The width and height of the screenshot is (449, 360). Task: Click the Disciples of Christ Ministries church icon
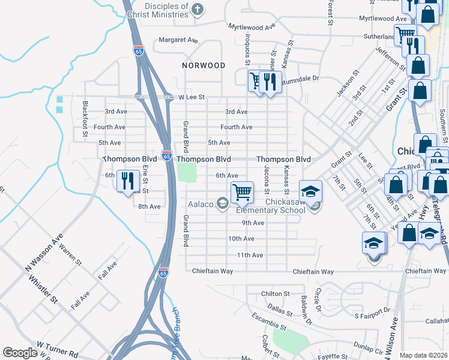(x=199, y=9)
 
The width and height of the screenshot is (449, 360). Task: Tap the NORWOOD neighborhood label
(x=204, y=65)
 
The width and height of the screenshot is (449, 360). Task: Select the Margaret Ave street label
(x=178, y=40)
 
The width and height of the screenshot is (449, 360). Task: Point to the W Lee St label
(x=191, y=97)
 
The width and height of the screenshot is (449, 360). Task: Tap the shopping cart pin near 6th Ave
(x=242, y=193)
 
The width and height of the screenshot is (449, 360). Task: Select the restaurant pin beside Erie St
(x=128, y=180)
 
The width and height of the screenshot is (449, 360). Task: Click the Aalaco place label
(x=201, y=205)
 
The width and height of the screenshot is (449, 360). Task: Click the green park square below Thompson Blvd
(x=187, y=173)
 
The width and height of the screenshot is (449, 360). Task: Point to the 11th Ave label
(x=250, y=255)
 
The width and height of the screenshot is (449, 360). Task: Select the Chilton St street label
(x=276, y=294)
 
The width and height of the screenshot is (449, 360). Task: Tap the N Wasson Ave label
(x=44, y=252)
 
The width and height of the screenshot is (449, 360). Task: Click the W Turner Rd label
(x=58, y=346)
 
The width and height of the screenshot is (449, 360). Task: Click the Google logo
(x=20, y=353)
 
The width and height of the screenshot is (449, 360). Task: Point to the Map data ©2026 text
(x=423, y=355)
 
